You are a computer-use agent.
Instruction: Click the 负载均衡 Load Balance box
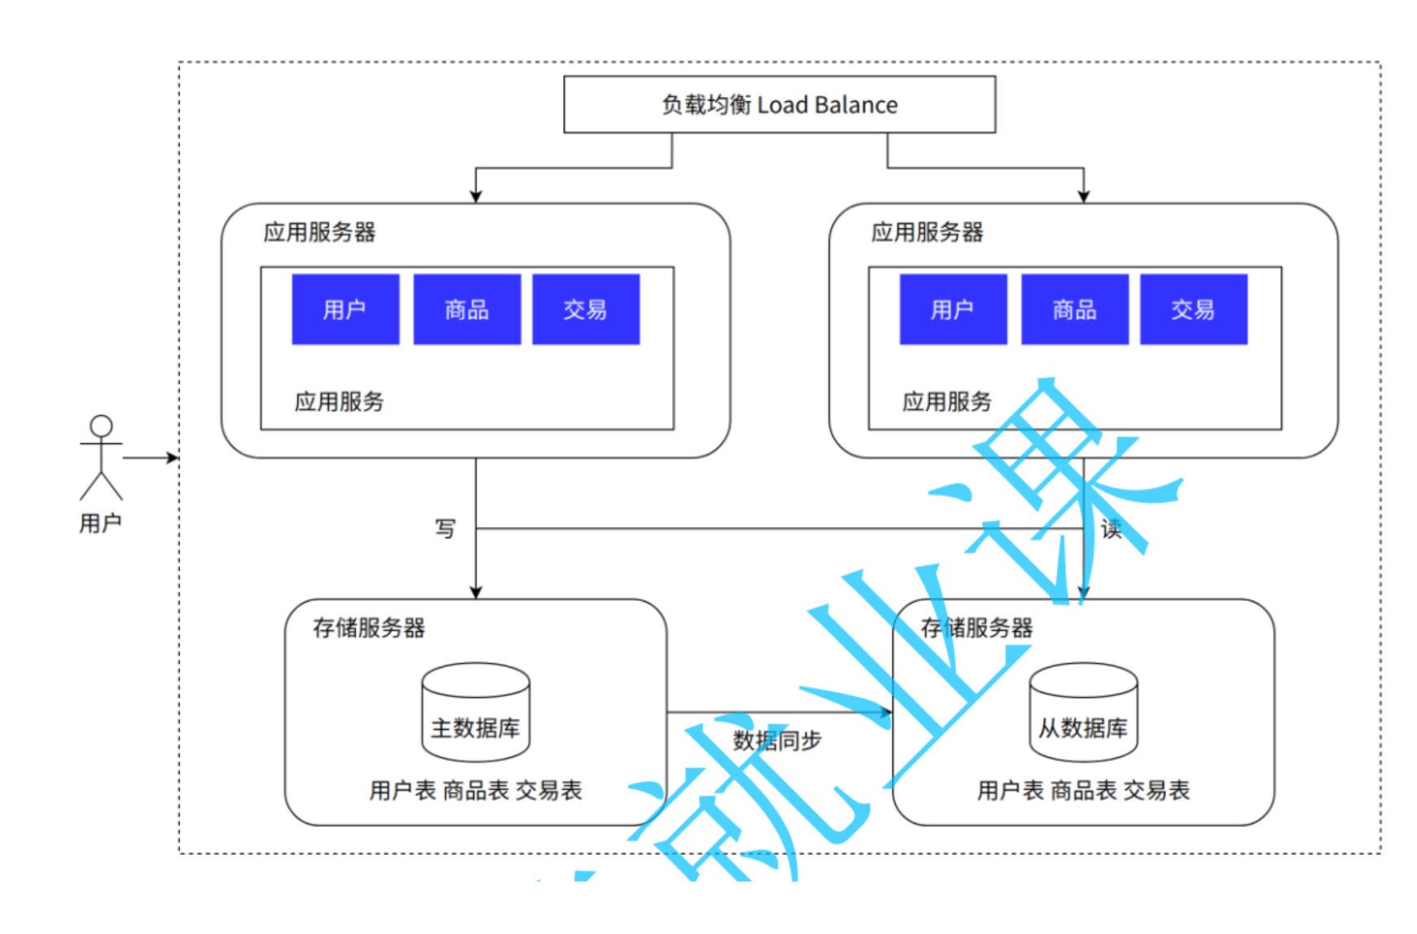(x=779, y=104)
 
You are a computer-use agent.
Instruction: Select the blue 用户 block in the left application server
(x=345, y=309)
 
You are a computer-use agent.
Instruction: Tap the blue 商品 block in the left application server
(x=467, y=309)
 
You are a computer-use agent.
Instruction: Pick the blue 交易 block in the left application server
(x=586, y=309)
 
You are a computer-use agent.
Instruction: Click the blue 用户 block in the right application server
(x=953, y=309)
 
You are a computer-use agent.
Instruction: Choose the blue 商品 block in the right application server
(x=1074, y=309)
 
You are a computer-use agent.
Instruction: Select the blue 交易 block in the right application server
(x=1193, y=309)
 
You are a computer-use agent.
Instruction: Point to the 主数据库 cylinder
(x=476, y=712)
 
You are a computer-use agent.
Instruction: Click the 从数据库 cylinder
(x=1083, y=712)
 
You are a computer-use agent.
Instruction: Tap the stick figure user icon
(x=101, y=457)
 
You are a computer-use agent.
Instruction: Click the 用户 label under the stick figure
(x=100, y=523)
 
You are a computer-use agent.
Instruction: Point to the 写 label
(x=445, y=528)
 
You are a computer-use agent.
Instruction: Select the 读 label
(x=1111, y=529)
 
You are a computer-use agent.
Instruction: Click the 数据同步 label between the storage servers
(x=777, y=740)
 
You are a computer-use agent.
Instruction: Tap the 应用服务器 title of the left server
(x=319, y=232)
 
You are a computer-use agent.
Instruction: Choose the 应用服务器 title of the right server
(x=927, y=232)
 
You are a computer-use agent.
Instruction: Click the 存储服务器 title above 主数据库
(x=369, y=628)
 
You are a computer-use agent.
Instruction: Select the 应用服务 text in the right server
(x=946, y=401)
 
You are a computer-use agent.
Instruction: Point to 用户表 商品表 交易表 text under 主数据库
(x=476, y=790)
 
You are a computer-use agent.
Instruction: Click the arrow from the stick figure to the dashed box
(x=151, y=458)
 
